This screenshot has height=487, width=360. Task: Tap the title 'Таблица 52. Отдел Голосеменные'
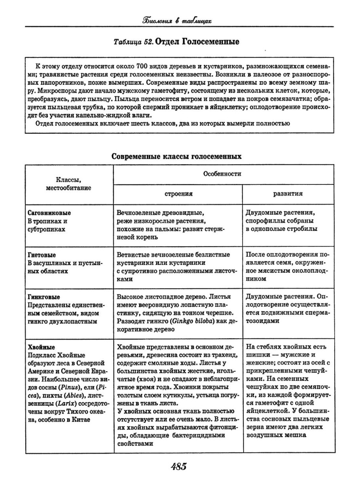point(176,42)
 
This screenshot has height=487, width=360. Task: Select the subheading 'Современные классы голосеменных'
point(176,156)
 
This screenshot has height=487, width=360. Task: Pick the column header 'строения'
point(178,194)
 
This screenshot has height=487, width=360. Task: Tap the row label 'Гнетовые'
point(42,255)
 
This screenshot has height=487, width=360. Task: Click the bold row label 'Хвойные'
point(42,347)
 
